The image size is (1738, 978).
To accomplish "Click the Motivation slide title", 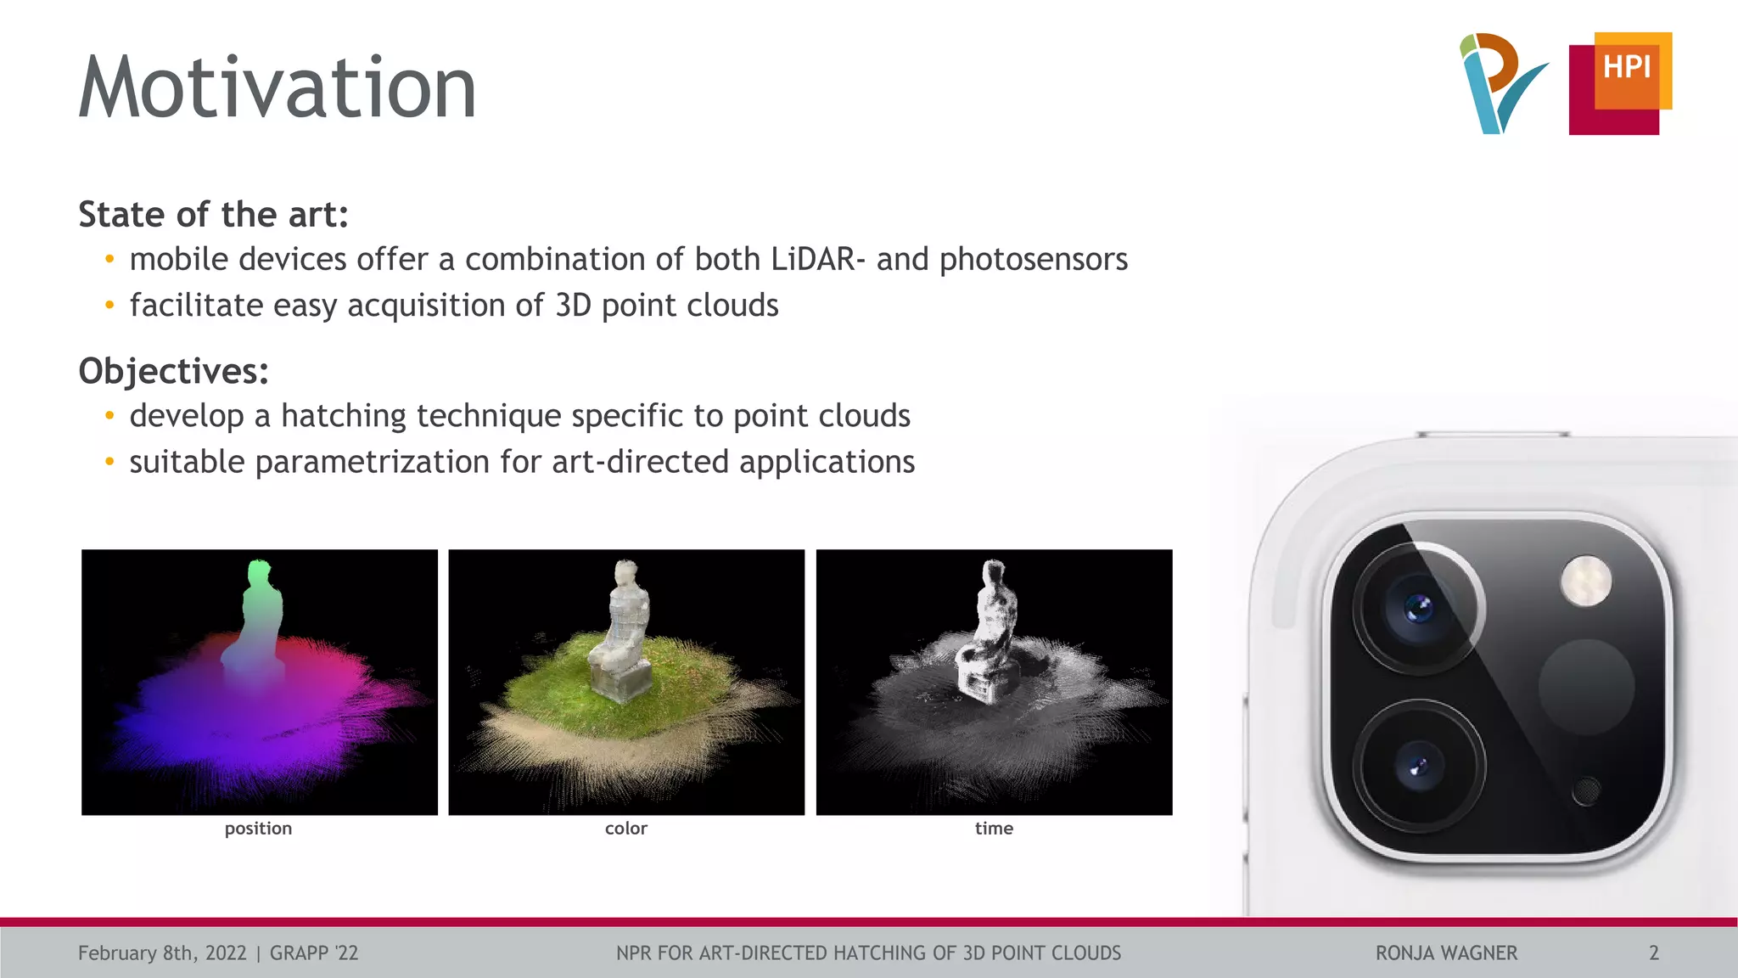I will [x=277, y=87].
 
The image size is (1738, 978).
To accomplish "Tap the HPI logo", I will [x=1621, y=83].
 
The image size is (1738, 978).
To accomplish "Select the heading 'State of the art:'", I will [x=213, y=215].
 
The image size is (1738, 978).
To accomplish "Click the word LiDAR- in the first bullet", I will [x=818, y=259].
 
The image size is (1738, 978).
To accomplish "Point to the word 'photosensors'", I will [x=1033, y=259].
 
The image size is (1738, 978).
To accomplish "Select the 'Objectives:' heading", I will [x=173, y=371].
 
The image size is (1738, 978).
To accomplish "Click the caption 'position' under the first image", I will [x=258, y=829].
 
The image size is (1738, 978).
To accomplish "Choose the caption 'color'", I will [x=625, y=829].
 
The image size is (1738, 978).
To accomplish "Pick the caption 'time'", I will [x=994, y=829].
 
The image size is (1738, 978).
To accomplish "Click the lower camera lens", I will [x=1418, y=767].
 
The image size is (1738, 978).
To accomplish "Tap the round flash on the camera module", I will [x=1585, y=582].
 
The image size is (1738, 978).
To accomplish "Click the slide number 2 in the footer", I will [x=1653, y=953].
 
